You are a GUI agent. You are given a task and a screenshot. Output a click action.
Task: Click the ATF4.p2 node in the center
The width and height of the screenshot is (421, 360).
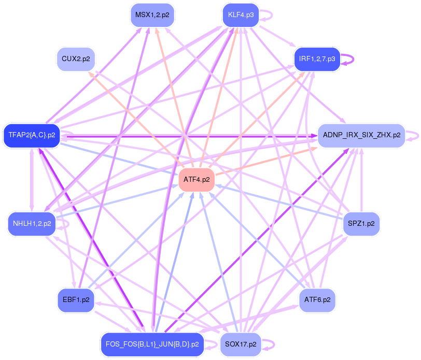197,180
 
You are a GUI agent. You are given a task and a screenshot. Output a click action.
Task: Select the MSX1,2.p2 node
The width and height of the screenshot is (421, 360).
152,15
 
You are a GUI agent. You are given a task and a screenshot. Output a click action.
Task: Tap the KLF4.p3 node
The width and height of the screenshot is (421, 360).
241,15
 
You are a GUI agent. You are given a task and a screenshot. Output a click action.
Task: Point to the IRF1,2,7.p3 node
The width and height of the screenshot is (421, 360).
317,59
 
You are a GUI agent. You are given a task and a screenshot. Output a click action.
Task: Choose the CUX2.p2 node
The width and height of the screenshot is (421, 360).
76,59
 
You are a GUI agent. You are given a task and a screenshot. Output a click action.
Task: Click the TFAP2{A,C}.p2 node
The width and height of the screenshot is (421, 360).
32,136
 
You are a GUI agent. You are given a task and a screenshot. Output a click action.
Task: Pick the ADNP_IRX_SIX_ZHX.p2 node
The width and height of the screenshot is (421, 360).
361,135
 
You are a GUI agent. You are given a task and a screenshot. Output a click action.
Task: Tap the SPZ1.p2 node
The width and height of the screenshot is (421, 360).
362,224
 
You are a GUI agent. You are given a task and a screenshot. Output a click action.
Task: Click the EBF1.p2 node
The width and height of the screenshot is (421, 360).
76,300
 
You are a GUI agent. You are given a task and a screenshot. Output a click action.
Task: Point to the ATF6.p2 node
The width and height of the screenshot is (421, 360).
317,300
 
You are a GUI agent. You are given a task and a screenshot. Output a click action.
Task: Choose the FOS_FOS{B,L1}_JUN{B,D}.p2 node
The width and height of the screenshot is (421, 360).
152,344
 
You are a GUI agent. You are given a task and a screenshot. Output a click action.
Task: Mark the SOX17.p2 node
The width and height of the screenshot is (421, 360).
241,344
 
